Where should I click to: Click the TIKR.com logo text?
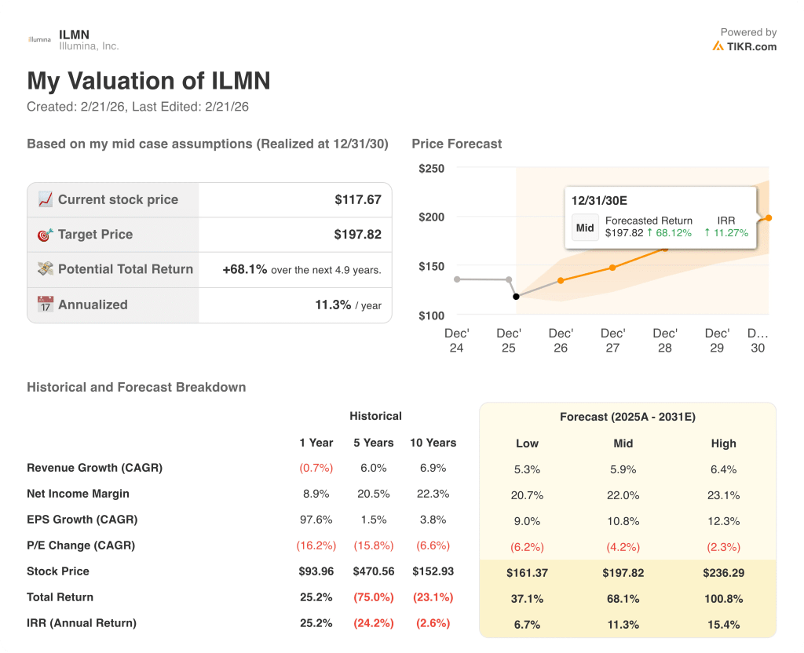pyautogui.click(x=751, y=46)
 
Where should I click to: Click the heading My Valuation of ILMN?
pyautogui.click(x=148, y=81)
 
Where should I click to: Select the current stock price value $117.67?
pyautogui.click(x=358, y=199)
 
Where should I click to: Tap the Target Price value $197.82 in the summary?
pyautogui.click(x=358, y=234)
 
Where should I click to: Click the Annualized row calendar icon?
pyautogui.click(x=46, y=305)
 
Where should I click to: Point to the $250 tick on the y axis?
pyautogui.click(x=431, y=168)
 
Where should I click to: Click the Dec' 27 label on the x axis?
pyautogui.click(x=612, y=340)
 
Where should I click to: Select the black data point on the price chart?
pyautogui.click(x=516, y=297)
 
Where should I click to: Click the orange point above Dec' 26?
pyautogui.click(x=561, y=280)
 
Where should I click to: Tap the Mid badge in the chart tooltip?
pyautogui.click(x=585, y=228)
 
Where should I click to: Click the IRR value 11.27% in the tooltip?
pyautogui.click(x=726, y=232)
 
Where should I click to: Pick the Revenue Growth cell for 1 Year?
pyautogui.click(x=316, y=468)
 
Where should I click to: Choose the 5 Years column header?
pyautogui.click(x=373, y=443)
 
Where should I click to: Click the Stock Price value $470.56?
pyautogui.click(x=373, y=571)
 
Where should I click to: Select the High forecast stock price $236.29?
pyautogui.click(x=723, y=573)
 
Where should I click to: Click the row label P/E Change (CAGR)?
pyautogui.click(x=81, y=545)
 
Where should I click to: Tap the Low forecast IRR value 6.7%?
pyautogui.click(x=527, y=624)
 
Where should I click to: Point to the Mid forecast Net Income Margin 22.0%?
pyautogui.click(x=623, y=494)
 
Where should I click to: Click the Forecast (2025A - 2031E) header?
pyautogui.click(x=627, y=417)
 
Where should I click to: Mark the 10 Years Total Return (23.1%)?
pyautogui.click(x=433, y=597)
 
